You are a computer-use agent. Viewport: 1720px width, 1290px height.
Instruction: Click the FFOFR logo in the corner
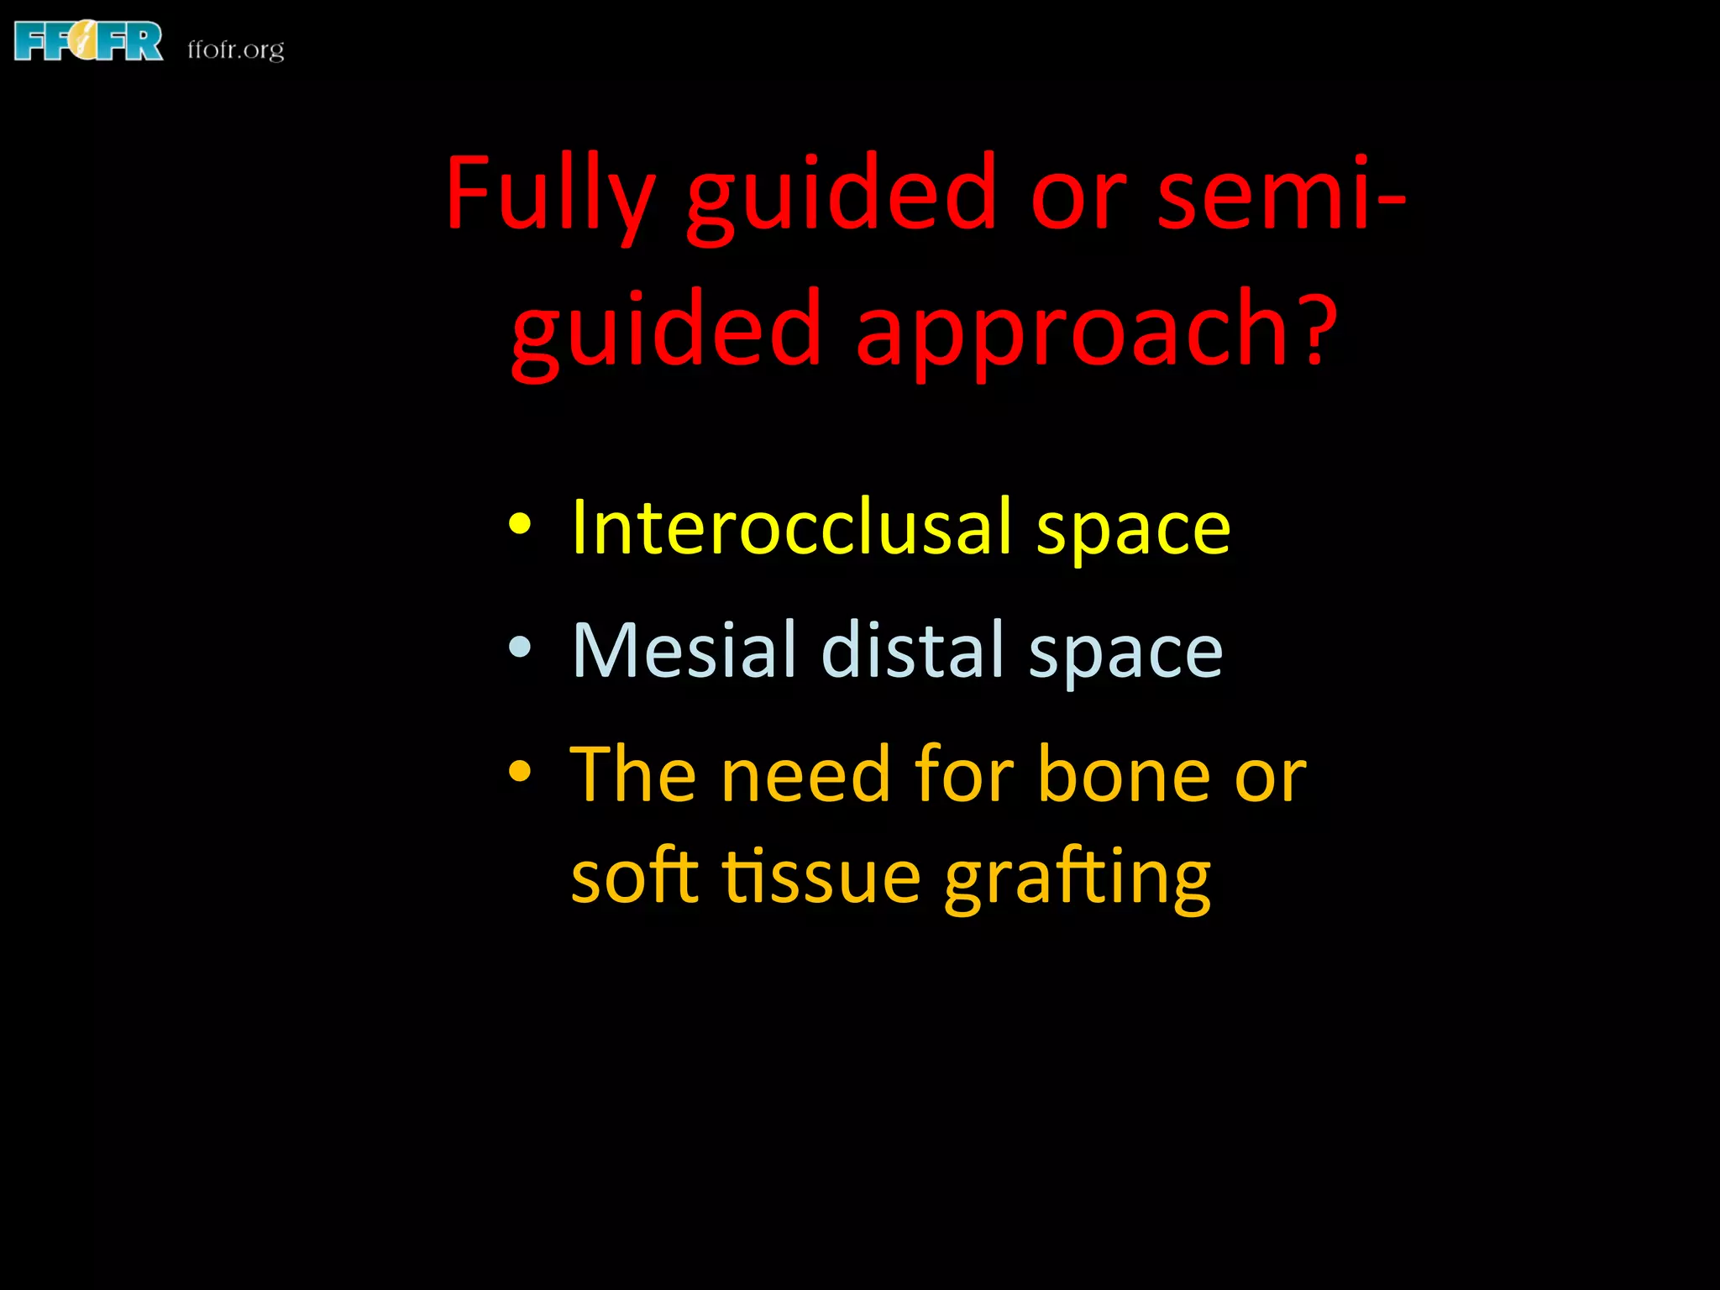[88, 42]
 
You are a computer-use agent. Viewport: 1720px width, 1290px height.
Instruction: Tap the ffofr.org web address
[236, 50]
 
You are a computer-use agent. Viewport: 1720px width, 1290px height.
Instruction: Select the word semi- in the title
[1280, 193]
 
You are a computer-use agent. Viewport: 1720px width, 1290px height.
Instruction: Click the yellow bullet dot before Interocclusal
[520, 525]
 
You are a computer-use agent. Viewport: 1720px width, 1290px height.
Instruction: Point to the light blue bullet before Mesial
[520, 648]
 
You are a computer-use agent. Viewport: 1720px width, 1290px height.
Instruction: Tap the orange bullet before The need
[520, 771]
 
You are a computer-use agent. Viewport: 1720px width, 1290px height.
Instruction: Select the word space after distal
[1125, 653]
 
